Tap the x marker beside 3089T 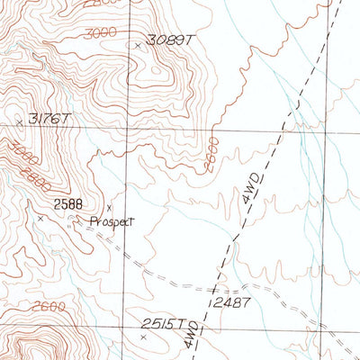point(137,44)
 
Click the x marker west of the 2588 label point(40,217)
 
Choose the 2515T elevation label point(166,324)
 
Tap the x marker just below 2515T point(142,337)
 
